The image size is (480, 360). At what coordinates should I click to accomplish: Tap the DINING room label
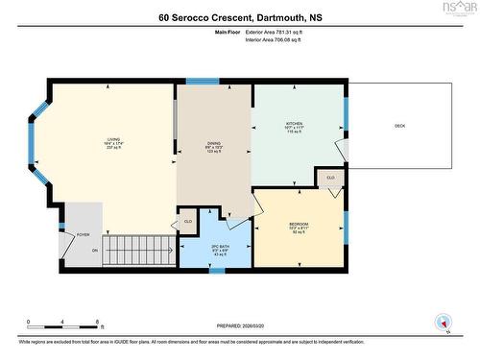213,144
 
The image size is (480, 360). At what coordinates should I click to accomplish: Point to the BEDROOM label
299,227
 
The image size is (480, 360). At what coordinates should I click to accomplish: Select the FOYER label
83,234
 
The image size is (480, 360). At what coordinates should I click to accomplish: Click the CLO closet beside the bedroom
330,178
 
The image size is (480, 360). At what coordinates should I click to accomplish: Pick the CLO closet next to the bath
187,222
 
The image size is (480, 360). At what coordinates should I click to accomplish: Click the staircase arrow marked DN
95,252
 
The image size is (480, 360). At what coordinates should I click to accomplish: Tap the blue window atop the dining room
202,82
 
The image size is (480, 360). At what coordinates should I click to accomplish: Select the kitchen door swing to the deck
340,151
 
